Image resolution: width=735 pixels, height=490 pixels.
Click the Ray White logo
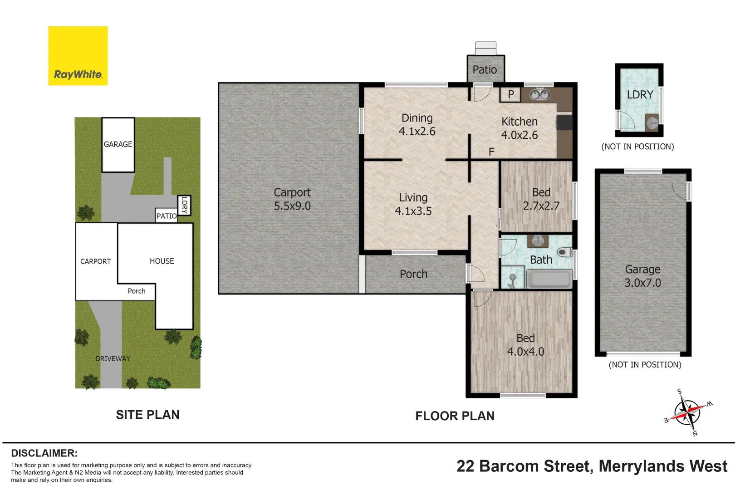click(78, 56)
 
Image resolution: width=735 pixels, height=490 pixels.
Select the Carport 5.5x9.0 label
click(292, 199)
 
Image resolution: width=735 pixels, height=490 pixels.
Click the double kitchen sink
click(540, 94)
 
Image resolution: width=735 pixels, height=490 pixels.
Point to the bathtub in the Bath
click(549, 279)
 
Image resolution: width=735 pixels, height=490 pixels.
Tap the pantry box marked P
click(510, 94)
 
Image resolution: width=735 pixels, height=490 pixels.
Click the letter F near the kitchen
click(491, 152)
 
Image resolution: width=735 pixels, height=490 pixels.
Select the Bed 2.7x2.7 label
click(541, 199)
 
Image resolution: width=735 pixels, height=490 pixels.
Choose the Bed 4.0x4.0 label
click(525, 345)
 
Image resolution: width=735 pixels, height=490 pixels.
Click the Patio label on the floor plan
click(485, 70)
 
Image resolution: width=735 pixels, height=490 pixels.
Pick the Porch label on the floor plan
click(413, 274)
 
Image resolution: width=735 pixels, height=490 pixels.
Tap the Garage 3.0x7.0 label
click(642, 276)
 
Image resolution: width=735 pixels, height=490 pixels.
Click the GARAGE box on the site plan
click(118, 145)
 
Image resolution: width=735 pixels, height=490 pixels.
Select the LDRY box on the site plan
click(184, 205)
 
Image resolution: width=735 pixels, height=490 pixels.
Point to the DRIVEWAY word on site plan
click(113, 358)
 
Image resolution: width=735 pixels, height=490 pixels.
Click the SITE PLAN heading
click(147, 415)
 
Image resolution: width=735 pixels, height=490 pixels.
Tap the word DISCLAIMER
click(44, 453)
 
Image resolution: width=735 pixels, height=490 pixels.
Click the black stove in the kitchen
click(564, 122)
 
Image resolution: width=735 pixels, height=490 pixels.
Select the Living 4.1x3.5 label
click(413, 204)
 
